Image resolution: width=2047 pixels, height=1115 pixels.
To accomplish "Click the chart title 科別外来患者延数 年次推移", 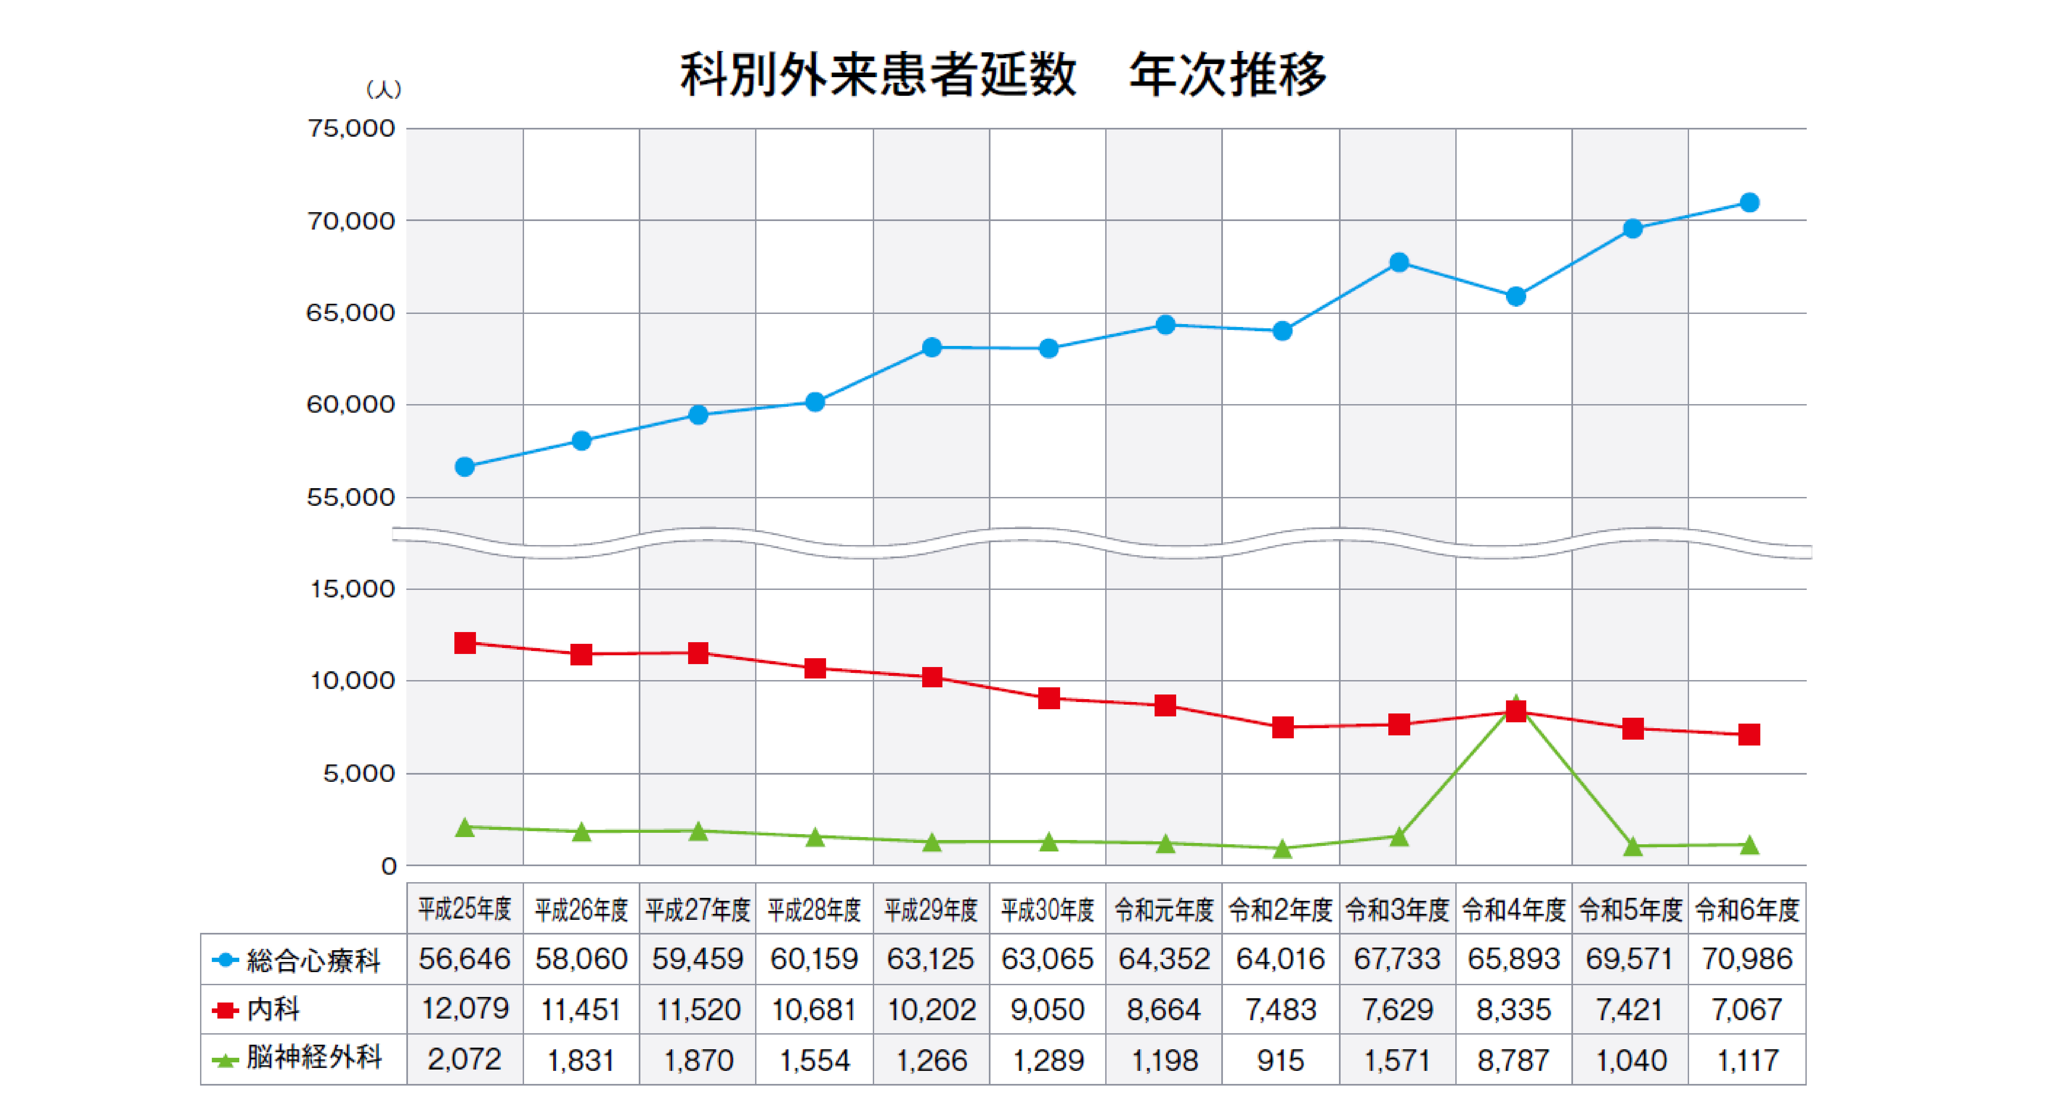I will (x=1003, y=75).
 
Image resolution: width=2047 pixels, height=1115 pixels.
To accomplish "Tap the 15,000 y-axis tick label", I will (x=352, y=589).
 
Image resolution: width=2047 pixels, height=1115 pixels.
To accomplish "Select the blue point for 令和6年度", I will (x=1749, y=203).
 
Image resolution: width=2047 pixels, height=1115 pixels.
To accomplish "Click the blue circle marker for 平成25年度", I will (x=465, y=467).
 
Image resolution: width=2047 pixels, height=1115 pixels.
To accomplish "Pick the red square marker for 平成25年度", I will (x=465, y=643).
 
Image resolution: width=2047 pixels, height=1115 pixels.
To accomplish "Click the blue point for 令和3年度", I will (x=1398, y=262).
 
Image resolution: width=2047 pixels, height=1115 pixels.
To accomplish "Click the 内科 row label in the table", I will (x=273, y=1009).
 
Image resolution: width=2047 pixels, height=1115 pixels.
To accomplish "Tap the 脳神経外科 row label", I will (x=314, y=1058).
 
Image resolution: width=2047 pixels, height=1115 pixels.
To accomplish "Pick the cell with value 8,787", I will (x=1514, y=1059).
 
